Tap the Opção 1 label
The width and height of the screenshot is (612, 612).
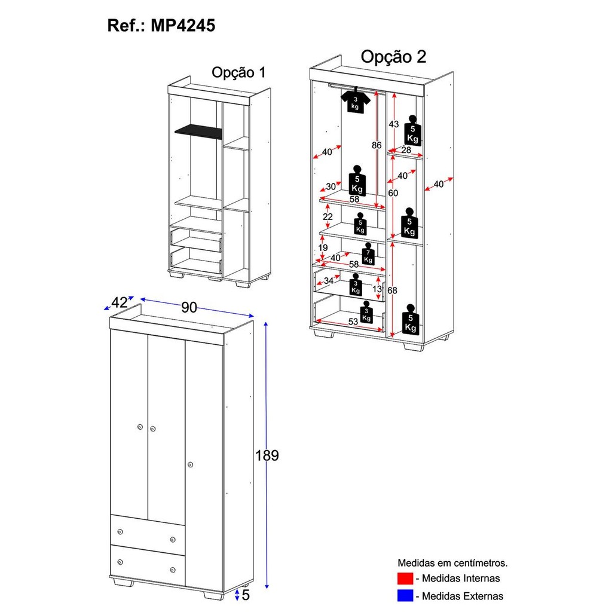238,72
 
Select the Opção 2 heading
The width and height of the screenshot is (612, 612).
394,57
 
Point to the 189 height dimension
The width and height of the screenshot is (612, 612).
267,455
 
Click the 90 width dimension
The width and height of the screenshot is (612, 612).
189,307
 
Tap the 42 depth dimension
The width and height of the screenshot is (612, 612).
120,303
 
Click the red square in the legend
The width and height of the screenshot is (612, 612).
405,579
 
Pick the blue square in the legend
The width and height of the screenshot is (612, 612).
405,596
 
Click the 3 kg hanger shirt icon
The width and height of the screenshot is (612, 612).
356,102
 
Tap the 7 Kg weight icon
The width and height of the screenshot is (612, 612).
368,254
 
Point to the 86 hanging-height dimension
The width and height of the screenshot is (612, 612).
377,145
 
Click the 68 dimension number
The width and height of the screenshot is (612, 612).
393,290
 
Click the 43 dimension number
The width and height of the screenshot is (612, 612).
393,124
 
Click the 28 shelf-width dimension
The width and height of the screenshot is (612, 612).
406,150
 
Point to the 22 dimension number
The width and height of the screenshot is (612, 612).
328,216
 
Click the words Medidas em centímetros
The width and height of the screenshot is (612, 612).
453,563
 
